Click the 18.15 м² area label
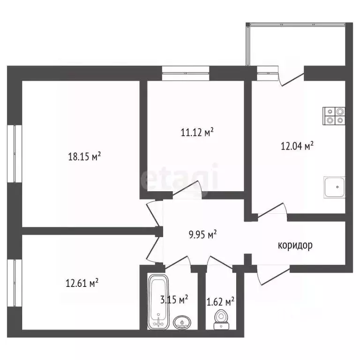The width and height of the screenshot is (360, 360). [x=84, y=157]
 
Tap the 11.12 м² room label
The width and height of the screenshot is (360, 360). [x=197, y=132]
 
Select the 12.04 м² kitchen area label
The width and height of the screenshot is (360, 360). [x=297, y=146]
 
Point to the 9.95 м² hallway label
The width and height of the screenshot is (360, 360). [x=202, y=235]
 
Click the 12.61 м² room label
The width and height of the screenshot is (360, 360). [x=82, y=283]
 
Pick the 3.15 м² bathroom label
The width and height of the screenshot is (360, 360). [x=174, y=300]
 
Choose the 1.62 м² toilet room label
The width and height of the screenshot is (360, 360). [x=220, y=302]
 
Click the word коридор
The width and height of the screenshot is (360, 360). [x=295, y=246]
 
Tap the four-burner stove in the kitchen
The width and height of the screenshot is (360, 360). [x=334, y=116]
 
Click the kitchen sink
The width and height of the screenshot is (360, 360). [x=334, y=187]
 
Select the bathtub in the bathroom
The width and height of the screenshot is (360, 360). [x=158, y=301]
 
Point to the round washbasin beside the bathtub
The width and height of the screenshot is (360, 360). [x=182, y=322]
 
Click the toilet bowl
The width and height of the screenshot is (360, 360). [x=221, y=319]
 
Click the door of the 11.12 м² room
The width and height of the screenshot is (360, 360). [x=187, y=189]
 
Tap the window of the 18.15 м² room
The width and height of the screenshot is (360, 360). [x=15, y=154]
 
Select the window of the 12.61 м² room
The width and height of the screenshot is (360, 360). [x=15, y=283]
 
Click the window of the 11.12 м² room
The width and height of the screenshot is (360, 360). [x=186, y=73]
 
